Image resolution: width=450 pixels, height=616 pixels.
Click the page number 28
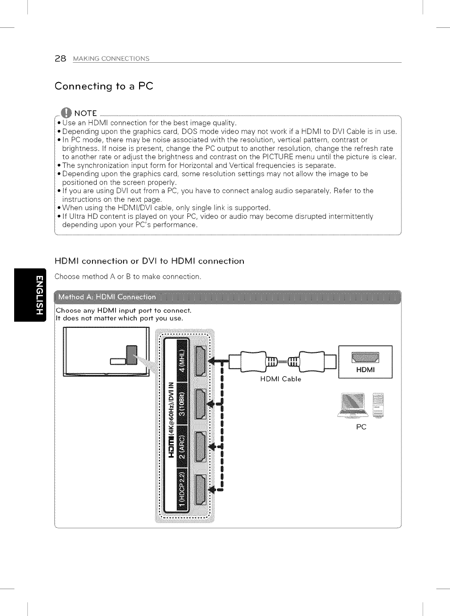[x=60, y=58]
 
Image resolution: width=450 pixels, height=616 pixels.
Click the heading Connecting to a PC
[x=104, y=86]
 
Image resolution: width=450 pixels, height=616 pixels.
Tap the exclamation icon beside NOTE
[x=66, y=113]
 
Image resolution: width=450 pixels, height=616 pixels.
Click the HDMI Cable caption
[x=281, y=379]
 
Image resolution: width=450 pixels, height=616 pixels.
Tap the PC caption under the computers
[x=361, y=427]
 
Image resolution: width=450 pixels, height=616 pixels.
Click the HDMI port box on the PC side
[x=366, y=362]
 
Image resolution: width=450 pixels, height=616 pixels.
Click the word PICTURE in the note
[x=278, y=157]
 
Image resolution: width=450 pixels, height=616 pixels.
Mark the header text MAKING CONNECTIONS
[x=111, y=59]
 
